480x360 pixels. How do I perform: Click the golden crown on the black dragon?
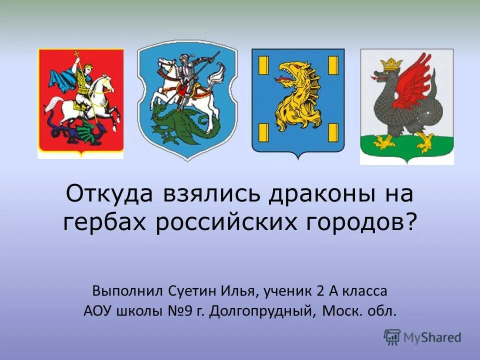click(391, 64)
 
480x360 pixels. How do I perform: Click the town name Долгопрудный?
click(263, 312)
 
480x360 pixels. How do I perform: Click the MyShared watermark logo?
click(422, 337)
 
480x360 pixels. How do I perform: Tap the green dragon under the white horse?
click(185, 127)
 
